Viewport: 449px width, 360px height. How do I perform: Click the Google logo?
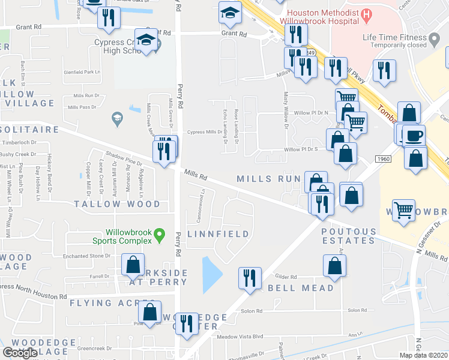click(x=20, y=353)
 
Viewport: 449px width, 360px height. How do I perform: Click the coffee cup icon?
click(x=414, y=135)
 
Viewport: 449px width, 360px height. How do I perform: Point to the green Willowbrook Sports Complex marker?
click(x=159, y=235)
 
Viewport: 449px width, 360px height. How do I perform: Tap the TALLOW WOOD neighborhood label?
click(x=117, y=204)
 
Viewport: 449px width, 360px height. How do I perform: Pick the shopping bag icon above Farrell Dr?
click(x=133, y=264)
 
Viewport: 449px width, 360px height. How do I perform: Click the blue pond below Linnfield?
click(x=211, y=274)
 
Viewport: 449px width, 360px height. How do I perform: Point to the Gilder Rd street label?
click(x=286, y=277)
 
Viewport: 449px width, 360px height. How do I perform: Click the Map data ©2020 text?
click(x=424, y=355)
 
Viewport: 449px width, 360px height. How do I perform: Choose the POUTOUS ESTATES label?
click(x=349, y=236)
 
